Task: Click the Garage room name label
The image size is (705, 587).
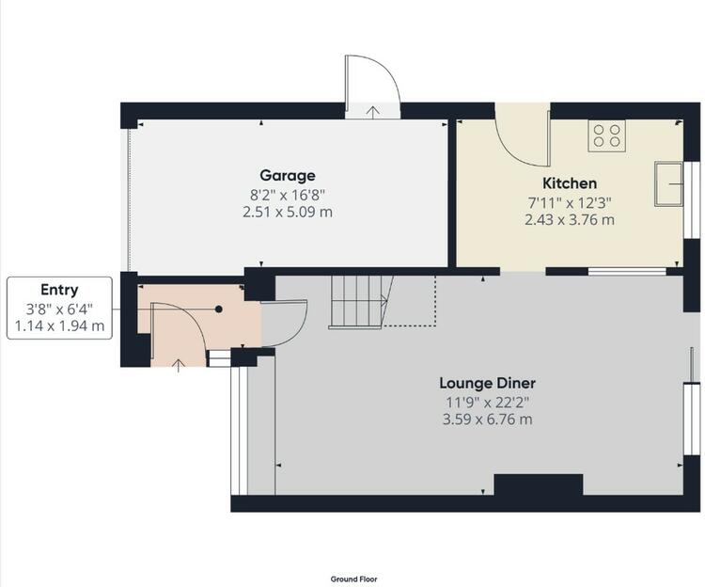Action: [x=288, y=175]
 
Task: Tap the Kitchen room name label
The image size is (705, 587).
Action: [x=570, y=183]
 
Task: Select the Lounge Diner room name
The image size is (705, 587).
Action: [x=487, y=383]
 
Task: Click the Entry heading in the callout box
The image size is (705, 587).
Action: [x=59, y=290]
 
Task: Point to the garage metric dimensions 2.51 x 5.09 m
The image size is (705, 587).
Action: [x=288, y=212]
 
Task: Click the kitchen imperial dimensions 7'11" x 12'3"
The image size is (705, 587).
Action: [x=570, y=203]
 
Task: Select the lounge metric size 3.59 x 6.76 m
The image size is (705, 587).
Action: [x=487, y=420]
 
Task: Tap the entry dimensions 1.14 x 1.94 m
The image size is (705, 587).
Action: [x=59, y=325]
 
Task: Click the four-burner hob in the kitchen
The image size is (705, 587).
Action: [x=606, y=135]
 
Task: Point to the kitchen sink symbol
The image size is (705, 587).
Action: [x=668, y=183]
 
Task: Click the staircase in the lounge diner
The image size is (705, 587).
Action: [x=361, y=301]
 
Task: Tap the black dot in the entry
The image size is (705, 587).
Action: [x=218, y=309]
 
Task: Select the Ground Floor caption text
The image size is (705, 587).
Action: [x=353, y=579]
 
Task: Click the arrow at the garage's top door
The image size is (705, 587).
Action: [x=372, y=112]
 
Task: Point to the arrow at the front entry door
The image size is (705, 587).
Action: [x=179, y=366]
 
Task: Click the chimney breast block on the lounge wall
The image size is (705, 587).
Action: [x=539, y=484]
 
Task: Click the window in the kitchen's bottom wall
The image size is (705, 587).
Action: [x=627, y=271]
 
